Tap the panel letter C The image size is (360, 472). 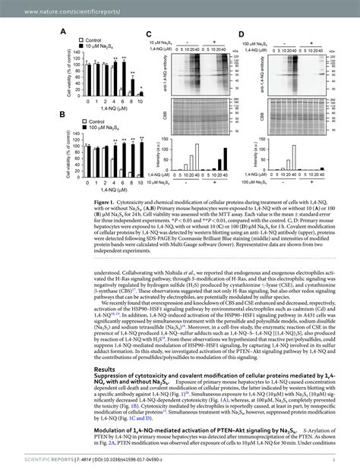coord(150,34)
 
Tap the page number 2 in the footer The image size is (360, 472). coord(333,460)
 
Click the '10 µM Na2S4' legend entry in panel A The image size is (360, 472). coord(104,47)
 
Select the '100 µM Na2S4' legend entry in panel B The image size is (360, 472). coord(106,127)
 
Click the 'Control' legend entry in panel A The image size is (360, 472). coord(95,40)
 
